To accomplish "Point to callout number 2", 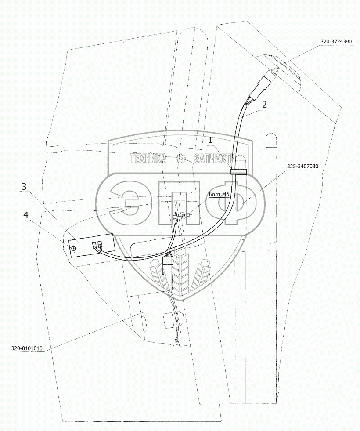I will tap(264, 105).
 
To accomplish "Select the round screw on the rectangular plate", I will tap(74, 249).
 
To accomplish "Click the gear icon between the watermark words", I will tap(180, 159).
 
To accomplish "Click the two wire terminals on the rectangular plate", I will tap(96, 246).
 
